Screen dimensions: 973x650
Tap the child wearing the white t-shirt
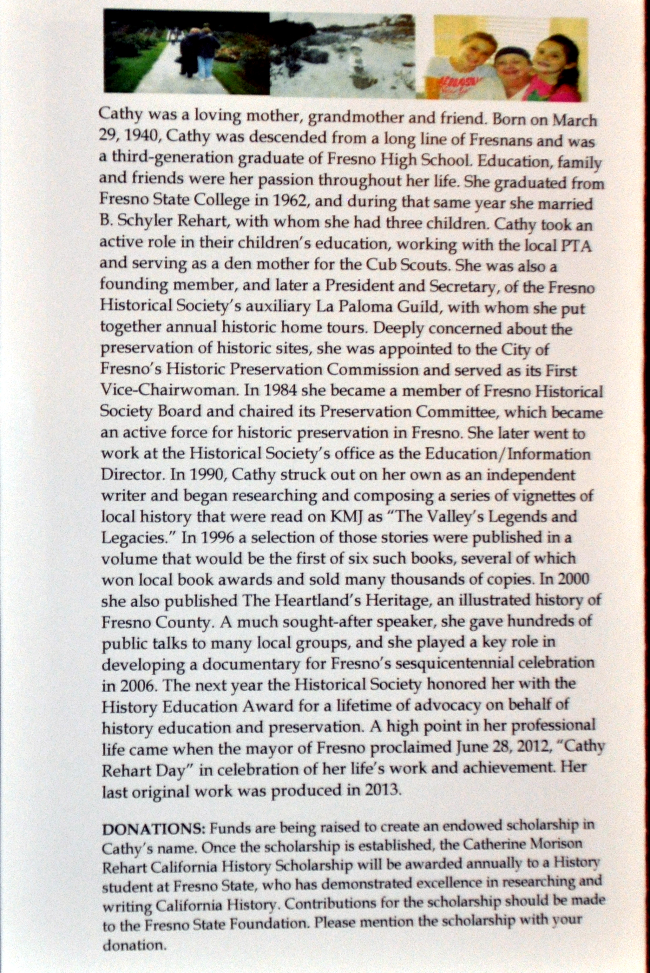469,66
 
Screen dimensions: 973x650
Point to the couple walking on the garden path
199,52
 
